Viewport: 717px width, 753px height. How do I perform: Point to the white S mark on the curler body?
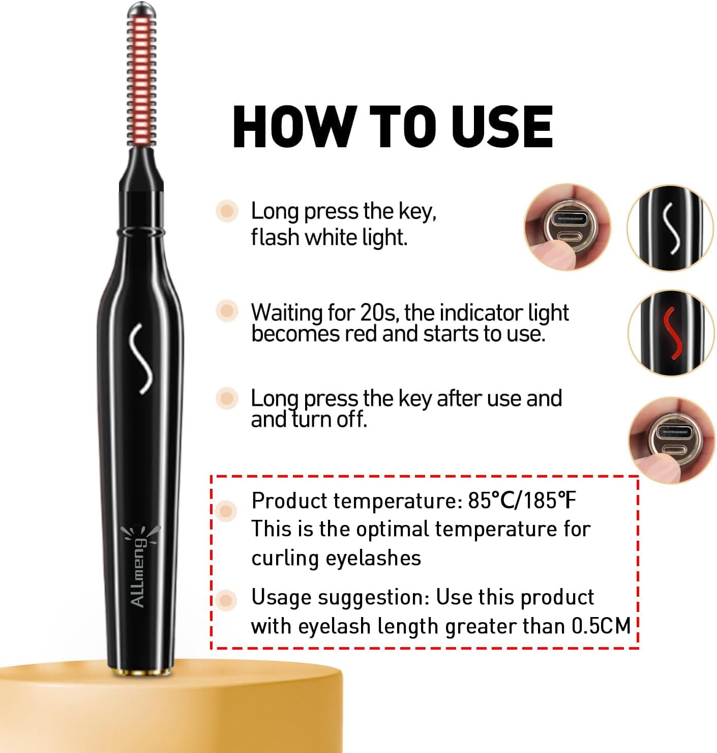[141, 358]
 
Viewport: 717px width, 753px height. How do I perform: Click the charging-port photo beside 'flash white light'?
[567, 227]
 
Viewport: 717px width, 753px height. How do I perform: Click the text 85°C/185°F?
[522, 501]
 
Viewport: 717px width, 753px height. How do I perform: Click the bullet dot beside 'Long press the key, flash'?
[227, 211]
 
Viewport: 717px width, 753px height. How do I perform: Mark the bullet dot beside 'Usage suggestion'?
[226, 600]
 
